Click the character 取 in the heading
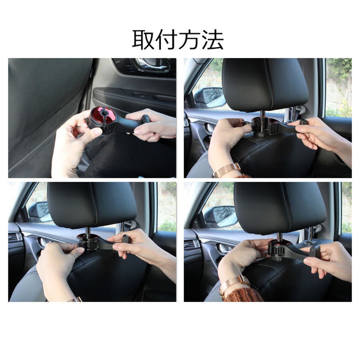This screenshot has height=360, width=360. point(143,40)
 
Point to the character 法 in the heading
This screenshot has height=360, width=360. point(212,40)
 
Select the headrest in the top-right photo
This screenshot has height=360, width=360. point(265,84)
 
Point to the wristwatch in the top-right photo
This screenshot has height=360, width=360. point(226,170)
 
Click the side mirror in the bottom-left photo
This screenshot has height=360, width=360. point(40,212)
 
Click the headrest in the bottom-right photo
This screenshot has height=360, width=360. point(280,208)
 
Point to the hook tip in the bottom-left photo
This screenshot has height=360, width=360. point(126,239)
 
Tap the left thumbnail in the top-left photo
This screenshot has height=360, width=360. point(94,131)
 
